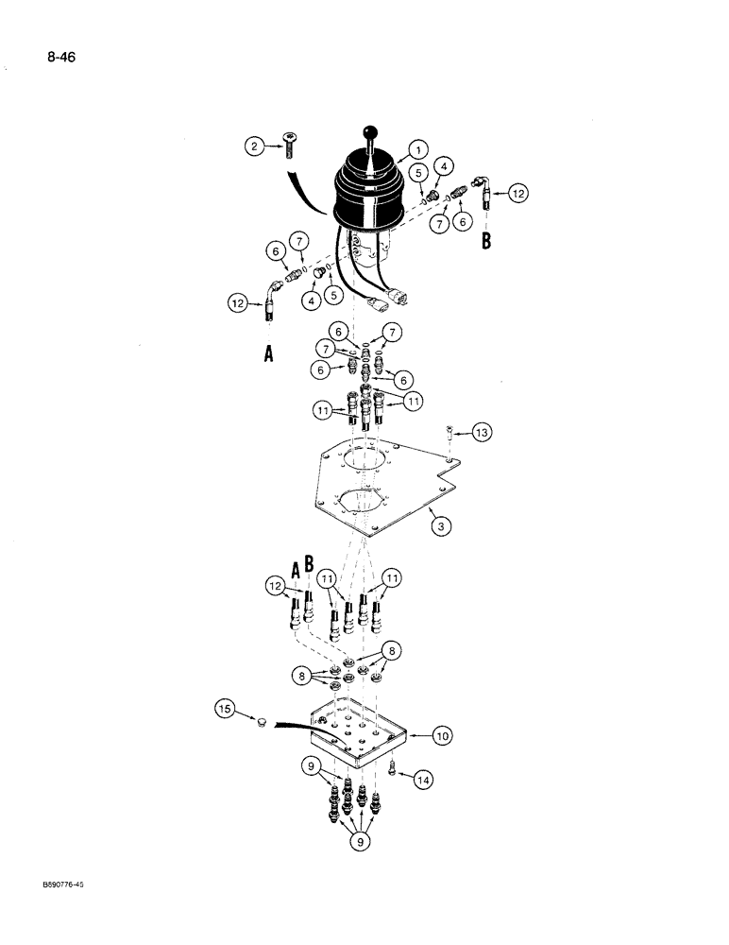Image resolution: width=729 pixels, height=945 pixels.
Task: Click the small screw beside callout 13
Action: [450, 433]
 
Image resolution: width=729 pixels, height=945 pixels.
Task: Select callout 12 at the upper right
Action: [517, 193]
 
